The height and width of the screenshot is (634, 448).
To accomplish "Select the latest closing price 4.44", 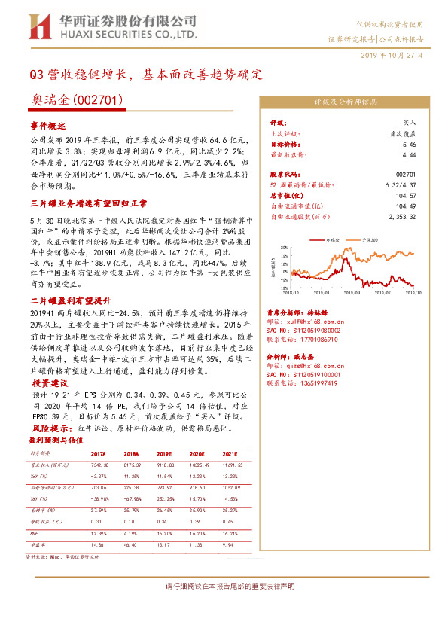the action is [x=410, y=154].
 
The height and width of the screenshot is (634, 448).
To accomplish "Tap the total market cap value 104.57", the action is [x=407, y=195].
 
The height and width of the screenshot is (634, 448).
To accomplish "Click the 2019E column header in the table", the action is [x=166, y=454].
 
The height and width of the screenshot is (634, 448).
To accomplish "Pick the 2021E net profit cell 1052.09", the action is [x=230, y=487].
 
